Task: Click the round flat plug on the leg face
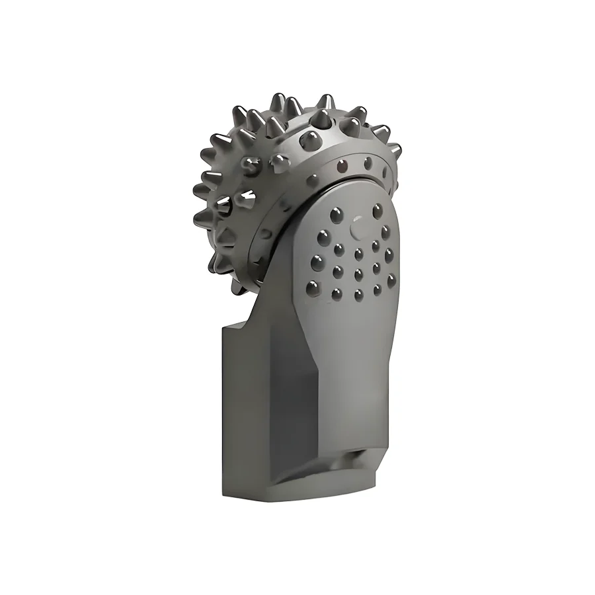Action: (358, 228)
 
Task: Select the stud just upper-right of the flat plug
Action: (377, 212)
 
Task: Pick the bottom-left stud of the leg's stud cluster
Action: (314, 286)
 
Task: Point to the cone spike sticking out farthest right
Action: (395, 151)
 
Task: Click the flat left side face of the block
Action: (238, 410)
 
